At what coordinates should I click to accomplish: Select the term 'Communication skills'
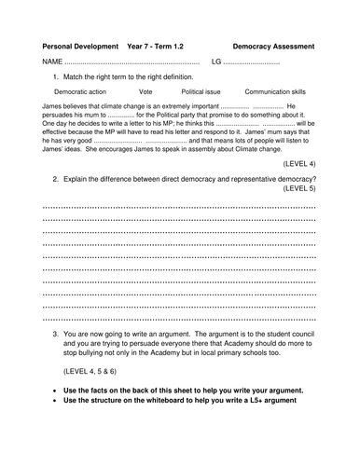coord(279,93)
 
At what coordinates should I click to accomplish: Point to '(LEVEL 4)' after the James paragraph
coord(298,163)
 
